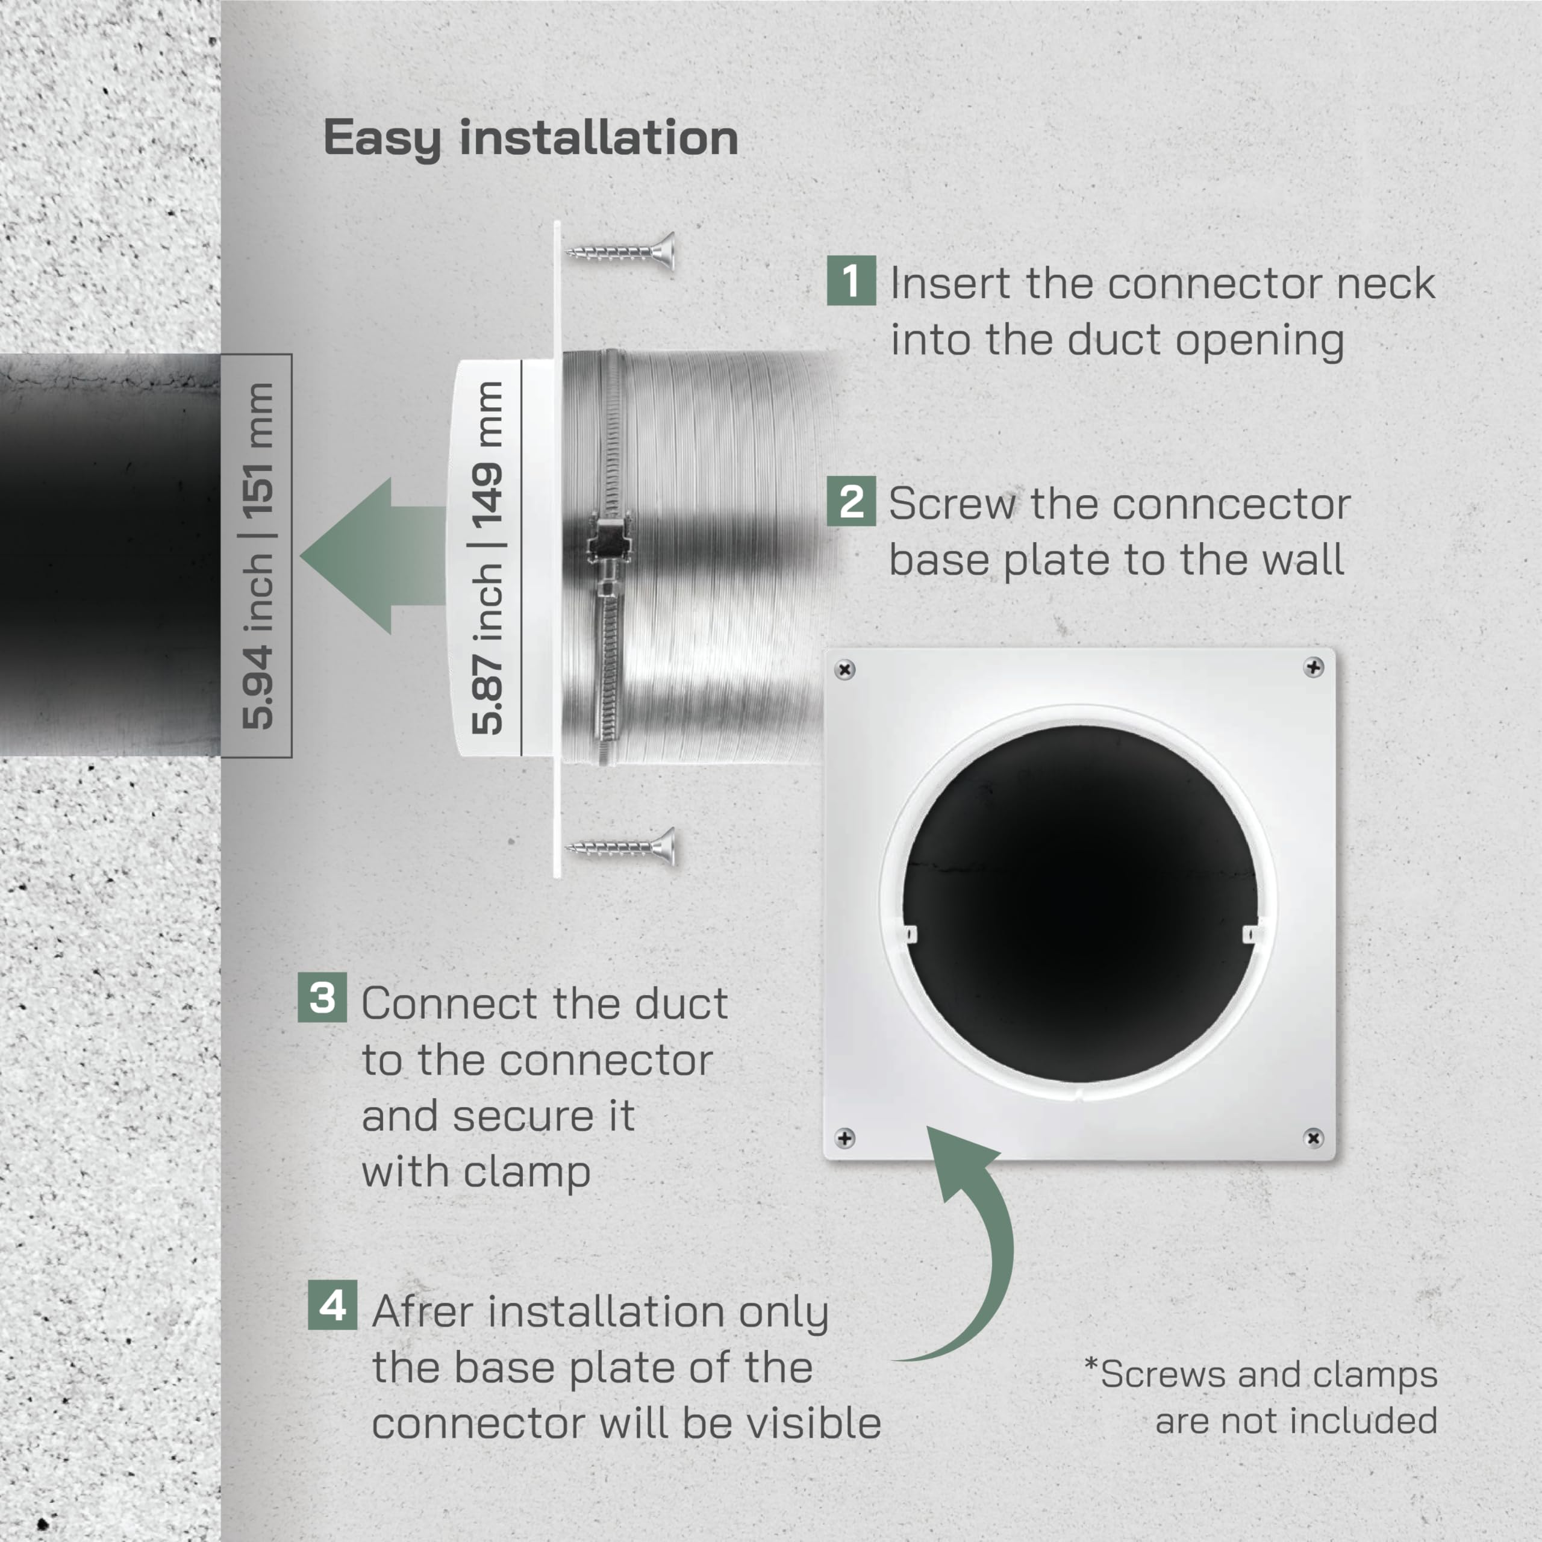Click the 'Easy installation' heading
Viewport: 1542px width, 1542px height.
pos(531,139)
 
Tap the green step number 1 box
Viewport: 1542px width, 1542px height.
pos(851,280)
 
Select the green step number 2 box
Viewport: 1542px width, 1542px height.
pos(851,501)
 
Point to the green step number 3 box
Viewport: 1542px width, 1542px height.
pos(322,997)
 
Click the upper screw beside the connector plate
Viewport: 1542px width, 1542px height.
pos(620,252)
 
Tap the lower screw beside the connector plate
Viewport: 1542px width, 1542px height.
pos(620,847)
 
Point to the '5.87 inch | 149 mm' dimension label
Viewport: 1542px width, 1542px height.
pos(487,557)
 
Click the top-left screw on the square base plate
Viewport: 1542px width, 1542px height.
pos(844,669)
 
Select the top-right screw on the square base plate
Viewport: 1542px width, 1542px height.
pos(1314,666)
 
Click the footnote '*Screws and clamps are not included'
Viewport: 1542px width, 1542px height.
pos(1261,1397)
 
